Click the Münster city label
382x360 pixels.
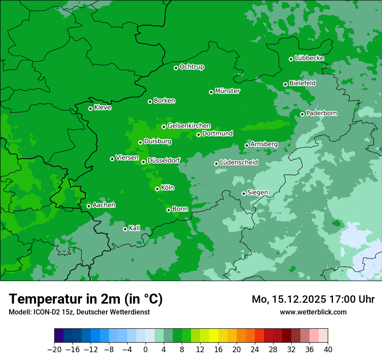[x=227, y=91]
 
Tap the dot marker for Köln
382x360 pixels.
[x=157, y=189]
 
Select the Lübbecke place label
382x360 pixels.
[x=309, y=58]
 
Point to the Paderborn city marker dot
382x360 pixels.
[x=303, y=114]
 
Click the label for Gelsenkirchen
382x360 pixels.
[x=189, y=126]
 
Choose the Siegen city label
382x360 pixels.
[x=257, y=193]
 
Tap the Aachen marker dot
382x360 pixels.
[x=89, y=206]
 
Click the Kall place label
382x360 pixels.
[x=135, y=228]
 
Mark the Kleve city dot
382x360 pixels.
[x=90, y=108]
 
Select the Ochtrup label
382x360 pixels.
[x=192, y=67]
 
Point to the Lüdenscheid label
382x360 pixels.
[x=239, y=163]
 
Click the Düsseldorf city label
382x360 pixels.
[x=164, y=160]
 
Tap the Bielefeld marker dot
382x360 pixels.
[x=285, y=84]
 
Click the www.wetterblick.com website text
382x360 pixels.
[x=313, y=312]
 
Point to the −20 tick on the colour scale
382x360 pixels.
[x=54, y=349]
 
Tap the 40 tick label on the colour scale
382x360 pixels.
[x=328, y=349]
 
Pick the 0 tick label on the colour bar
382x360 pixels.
[x=145, y=349]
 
